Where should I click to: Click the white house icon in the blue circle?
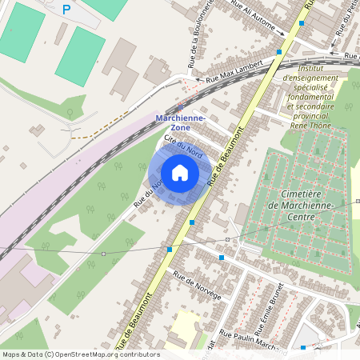[180, 173]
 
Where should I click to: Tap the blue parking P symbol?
[66, 10]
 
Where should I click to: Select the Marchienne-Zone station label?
[180, 122]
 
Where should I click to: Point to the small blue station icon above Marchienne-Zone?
[180, 108]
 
